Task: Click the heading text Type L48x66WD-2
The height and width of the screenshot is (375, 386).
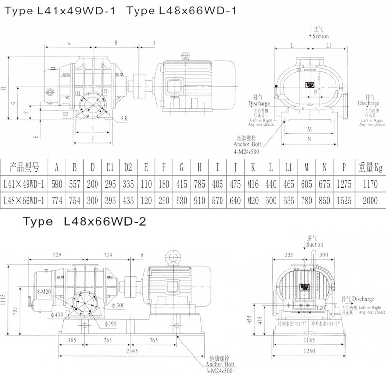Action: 82,222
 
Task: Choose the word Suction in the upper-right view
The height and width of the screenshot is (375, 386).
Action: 320,36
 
